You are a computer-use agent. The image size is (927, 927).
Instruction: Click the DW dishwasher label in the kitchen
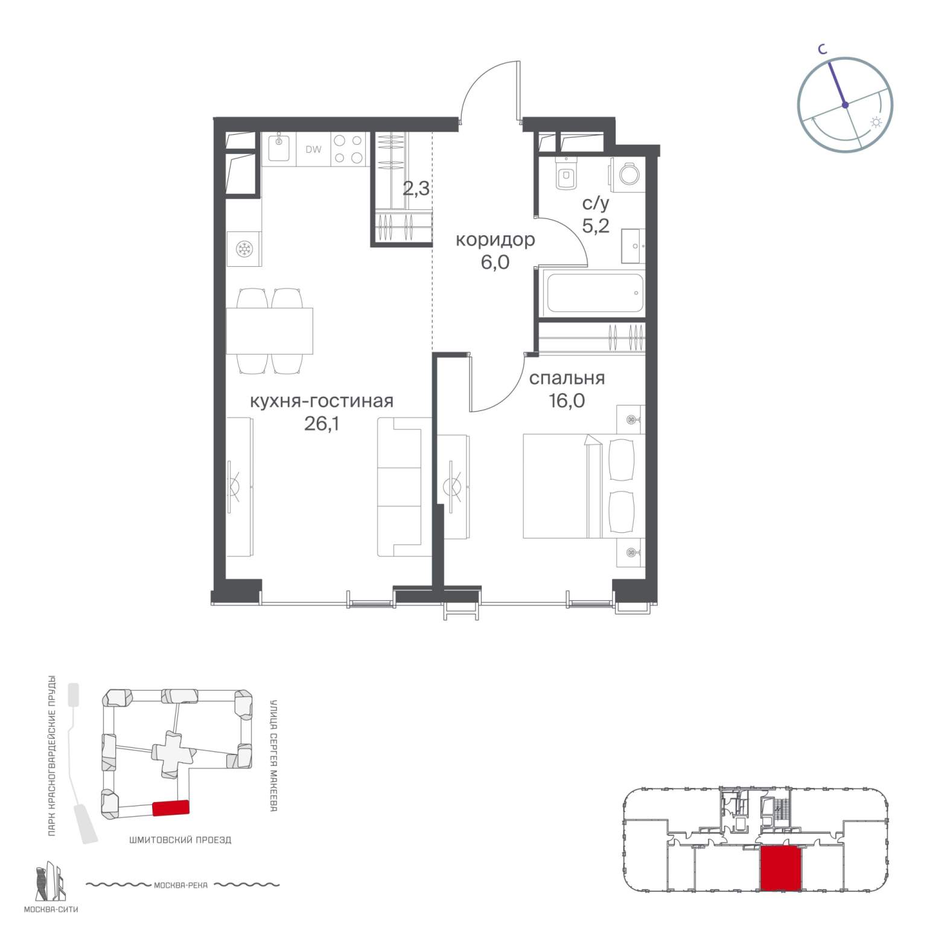pyautogui.click(x=313, y=150)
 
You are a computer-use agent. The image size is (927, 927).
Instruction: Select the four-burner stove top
pyautogui.click(x=348, y=149)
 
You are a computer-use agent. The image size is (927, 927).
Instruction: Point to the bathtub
pyautogui.click(x=593, y=293)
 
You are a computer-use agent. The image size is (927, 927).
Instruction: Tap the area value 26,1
pyautogui.click(x=322, y=424)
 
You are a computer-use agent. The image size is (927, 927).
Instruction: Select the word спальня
pyautogui.click(x=567, y=378)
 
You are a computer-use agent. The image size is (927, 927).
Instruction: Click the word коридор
pyautogui.click(x=495, y=240)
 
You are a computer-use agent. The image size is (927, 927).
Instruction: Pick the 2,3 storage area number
pyautogui.click(x=416, y=189)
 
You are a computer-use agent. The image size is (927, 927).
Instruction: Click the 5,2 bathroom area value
pyautogui.click(x=595, y=226)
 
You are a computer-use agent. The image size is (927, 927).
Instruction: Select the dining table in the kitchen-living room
pyautogui.click(x=270, y=331)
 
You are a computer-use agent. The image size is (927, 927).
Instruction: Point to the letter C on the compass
pyautogui.click(x=822, y=50)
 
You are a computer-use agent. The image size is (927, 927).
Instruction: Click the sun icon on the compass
pyautogui.click(x=876, y=123)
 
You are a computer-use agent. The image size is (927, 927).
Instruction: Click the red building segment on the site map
pyautogui.click(x=171, y=808)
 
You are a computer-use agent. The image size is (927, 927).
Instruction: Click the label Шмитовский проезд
pyautogui.click(x=180, y=839)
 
